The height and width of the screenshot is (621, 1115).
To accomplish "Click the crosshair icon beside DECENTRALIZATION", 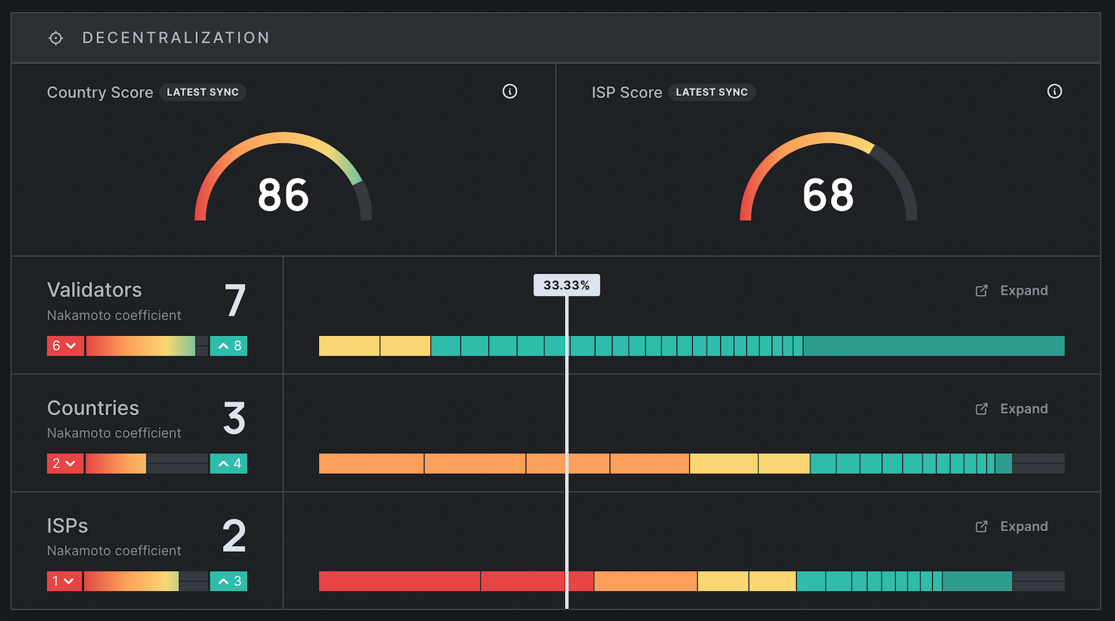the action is click(x=56, y=38).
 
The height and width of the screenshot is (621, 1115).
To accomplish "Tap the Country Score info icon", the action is click(x=510, y=91).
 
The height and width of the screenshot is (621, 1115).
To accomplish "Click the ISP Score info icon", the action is click(x=1054, y=91).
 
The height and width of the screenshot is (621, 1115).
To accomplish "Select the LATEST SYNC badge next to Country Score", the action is click(x=203, y=92).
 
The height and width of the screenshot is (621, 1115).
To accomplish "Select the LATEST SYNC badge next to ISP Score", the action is click(x=712, y=92).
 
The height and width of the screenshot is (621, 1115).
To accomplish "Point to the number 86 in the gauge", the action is click(x=283, y=195).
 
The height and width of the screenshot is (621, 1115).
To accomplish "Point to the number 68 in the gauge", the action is click(x=828, y=195).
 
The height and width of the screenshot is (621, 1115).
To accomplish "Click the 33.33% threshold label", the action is click(x=566, y=285).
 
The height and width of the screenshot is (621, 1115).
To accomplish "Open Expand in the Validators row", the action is click(x=1012, y=290).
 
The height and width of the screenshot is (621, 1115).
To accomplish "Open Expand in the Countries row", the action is click(x=1012, y=409).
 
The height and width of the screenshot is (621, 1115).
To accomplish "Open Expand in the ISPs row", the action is click(x=1012, y=527).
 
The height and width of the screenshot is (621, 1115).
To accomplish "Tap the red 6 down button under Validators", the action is click(x=65, y=346).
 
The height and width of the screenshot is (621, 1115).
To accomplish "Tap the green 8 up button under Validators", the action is click(x=228, y=346).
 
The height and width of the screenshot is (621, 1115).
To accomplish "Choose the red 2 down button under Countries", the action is click(x=65, y=464).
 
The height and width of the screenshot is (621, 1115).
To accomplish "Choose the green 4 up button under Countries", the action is click(x=228, y=464).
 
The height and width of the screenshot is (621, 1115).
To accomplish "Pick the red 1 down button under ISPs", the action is click(x=64, y=581).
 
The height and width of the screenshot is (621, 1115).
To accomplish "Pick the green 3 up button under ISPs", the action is click(x=228, y=581).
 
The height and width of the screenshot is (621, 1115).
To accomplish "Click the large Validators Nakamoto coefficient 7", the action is click(x=235, y=300).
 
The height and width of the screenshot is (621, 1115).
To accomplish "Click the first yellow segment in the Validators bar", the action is click(x=349, y=346).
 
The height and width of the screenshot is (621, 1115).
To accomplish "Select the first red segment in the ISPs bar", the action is click(x=399, y=581).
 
